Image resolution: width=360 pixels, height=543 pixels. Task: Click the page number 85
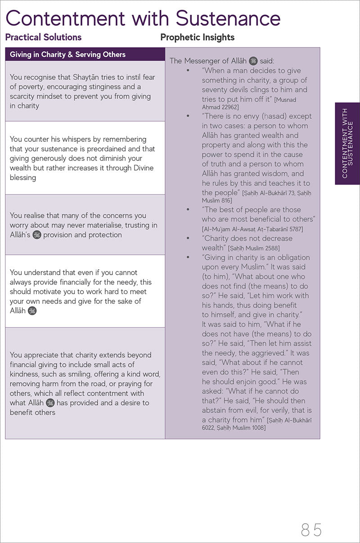coord(311,529)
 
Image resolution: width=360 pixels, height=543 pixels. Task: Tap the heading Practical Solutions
coord(44,37)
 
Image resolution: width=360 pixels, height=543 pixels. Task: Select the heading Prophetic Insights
coord(197,37)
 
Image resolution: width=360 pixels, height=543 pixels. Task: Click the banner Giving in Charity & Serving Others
coord(67,54)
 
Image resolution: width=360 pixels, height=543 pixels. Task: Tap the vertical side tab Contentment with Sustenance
coord(347,143)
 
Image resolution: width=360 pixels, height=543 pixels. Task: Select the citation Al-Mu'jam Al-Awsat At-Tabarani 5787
coord(252,229)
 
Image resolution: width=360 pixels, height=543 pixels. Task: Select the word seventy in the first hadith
coord(216,90)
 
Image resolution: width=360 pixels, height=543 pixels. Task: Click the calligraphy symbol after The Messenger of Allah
coord(253,61)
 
